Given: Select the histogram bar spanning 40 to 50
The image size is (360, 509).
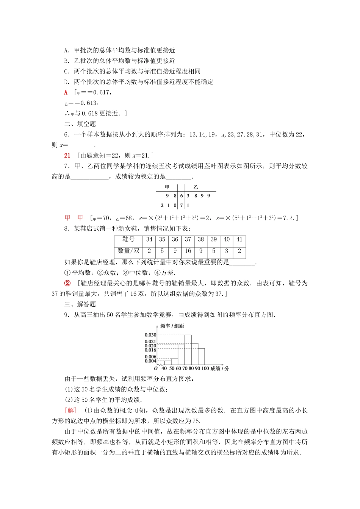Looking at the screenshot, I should [167, 363].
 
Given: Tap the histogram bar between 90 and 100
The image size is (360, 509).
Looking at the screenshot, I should [201, 356].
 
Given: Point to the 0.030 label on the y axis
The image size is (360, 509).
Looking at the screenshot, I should [150, 335].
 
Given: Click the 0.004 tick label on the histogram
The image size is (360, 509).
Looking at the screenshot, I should [150, 361].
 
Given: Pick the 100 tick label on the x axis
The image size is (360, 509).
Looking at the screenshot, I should [205, 368].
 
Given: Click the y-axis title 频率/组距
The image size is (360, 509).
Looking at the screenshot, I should [172, 326].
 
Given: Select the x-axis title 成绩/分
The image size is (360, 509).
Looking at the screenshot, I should [220, 368].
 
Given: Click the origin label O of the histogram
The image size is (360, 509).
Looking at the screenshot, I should [156, 368].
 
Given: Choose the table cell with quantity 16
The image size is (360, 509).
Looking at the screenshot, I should [188, 251].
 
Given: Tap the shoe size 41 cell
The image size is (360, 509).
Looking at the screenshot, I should [239, 239].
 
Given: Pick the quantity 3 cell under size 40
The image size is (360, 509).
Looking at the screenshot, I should [227, 251].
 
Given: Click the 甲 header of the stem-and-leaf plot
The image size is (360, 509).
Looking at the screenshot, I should [167, 187].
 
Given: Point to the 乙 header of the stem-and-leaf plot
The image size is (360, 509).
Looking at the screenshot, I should [196, 187].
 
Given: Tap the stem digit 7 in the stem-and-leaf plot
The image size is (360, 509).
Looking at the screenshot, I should [182, 205].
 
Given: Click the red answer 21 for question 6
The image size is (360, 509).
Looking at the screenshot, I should [68, 155].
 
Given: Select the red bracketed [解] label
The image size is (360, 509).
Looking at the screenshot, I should [71, 411].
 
